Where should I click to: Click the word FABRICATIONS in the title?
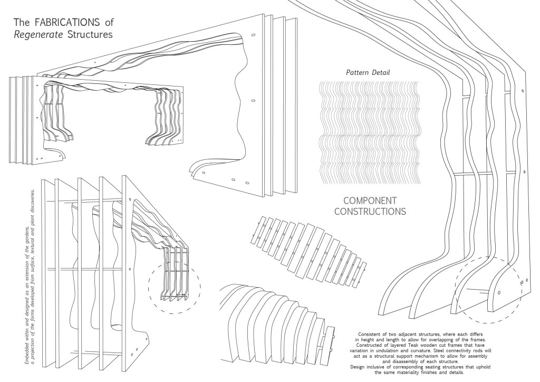[68, 23]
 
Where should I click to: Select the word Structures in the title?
[88, 35]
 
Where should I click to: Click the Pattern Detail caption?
[369, 72]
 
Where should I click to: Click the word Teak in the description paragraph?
[413, 345]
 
